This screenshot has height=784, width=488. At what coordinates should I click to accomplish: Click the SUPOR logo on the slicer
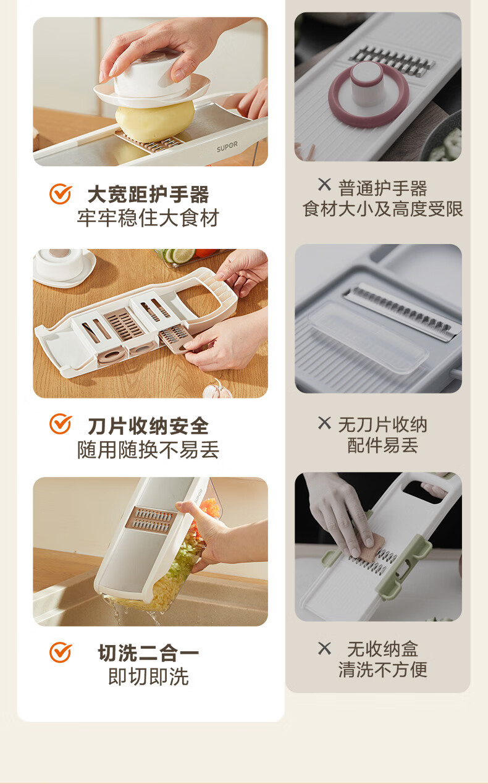(x=227, y=146)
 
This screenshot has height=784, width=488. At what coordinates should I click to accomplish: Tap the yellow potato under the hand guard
(x=154, y=120)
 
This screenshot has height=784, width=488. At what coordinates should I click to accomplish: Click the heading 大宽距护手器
(x=148, y=194)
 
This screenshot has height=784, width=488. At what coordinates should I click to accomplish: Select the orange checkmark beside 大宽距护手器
(x=61, y=193)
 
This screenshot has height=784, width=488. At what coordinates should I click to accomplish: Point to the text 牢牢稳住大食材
(x=148, y=217)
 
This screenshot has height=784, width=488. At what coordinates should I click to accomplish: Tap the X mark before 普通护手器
(x=324, y=185)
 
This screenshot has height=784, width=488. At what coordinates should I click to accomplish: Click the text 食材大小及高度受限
(x=382, y=209)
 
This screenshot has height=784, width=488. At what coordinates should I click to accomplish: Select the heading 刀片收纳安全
(x=148, y=426)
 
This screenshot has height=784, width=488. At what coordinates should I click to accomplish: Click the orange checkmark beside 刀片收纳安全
(x=61, y=424)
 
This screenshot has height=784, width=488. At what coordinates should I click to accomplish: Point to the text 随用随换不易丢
(x=148, y=449)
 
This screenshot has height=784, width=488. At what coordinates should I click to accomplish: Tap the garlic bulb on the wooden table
(x=217, y=390)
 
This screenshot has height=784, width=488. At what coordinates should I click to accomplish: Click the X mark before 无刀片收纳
(x=324, y=423)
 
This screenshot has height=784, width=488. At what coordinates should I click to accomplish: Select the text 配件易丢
(x=382, y=445)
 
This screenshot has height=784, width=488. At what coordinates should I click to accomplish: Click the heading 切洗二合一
(x=148, y=653)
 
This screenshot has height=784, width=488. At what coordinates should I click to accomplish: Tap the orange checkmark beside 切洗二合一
(x=61, y=652)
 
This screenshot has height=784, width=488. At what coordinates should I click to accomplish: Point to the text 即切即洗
(x=148, y=677)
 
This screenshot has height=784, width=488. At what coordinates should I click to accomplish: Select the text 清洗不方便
(x=382, y=670)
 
